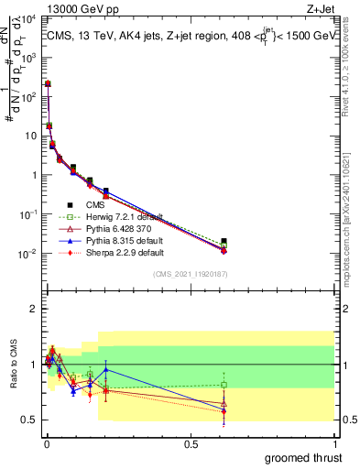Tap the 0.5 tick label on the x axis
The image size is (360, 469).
[190, 443]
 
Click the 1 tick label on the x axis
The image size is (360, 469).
[334, 443]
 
